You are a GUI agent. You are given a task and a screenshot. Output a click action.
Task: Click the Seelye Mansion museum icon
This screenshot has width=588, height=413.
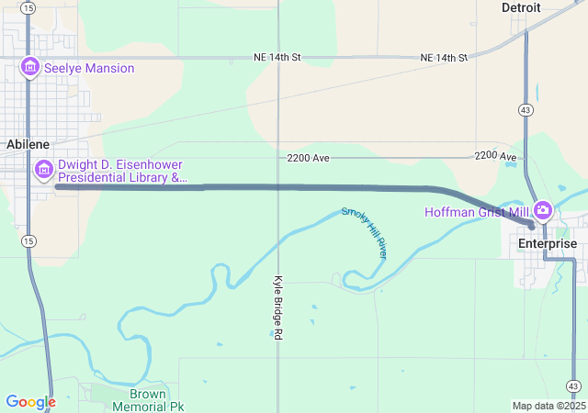30,67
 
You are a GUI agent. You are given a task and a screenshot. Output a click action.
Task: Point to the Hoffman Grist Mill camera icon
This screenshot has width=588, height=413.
542,211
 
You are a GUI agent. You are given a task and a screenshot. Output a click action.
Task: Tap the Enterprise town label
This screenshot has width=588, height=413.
547,243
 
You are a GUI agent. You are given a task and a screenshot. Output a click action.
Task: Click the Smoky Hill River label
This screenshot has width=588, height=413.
365,233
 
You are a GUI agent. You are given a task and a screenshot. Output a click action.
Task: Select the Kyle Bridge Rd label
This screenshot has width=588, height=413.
277,307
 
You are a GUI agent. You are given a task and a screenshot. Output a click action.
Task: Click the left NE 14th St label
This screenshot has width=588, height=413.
277,57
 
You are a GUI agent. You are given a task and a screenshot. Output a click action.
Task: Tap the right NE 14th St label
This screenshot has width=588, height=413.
444,57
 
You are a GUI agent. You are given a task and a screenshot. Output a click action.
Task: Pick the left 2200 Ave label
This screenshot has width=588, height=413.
308,158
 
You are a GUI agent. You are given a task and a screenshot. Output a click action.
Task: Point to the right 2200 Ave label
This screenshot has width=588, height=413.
497,157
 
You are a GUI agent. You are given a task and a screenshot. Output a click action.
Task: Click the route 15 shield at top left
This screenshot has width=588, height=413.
28,7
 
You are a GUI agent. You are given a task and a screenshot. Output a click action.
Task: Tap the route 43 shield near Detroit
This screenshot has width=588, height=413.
525,110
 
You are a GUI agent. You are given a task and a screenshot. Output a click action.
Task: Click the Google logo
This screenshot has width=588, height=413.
30,402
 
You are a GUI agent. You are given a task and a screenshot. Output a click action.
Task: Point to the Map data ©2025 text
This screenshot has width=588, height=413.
548,406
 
